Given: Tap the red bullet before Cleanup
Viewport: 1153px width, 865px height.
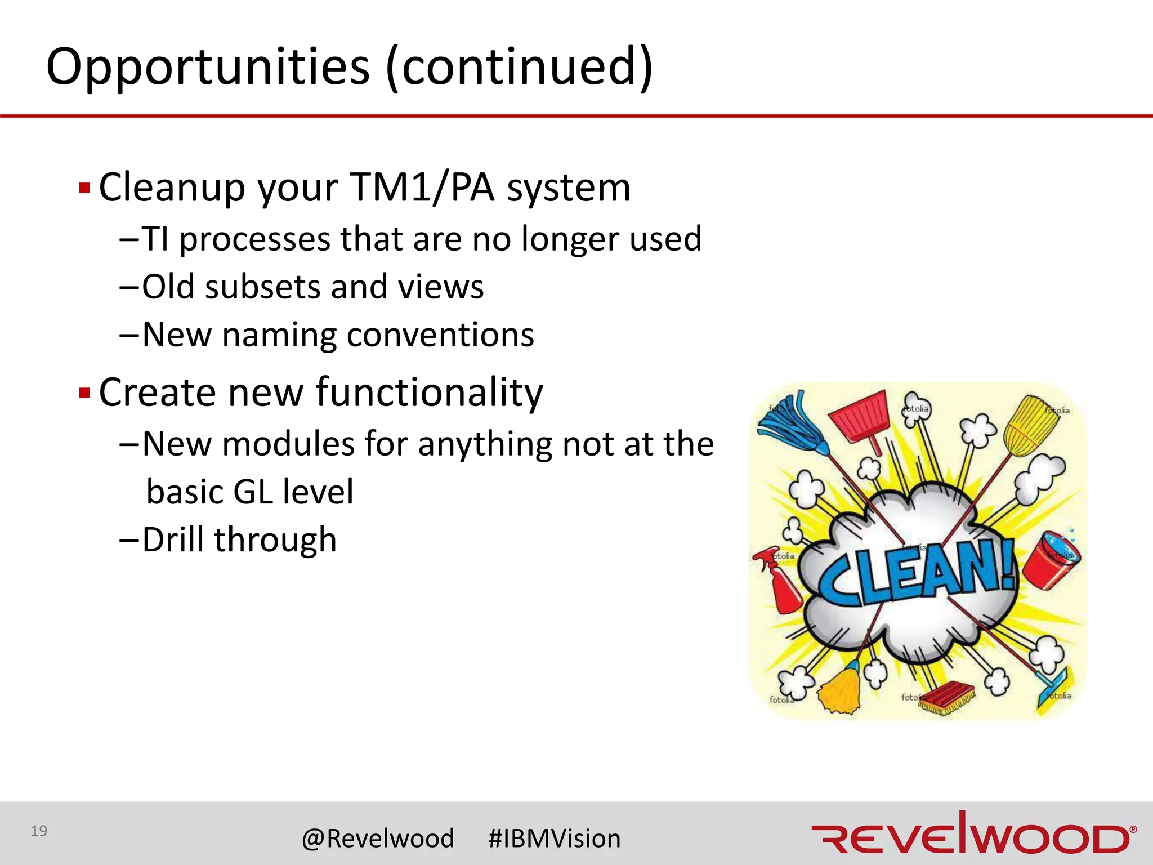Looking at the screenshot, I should (x=84, y=188).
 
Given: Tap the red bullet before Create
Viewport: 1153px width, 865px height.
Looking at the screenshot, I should (x=84, y=393).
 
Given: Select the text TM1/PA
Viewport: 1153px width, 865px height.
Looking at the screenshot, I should (x=422, y=188).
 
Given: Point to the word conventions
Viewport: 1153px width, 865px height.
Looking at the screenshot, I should (x=440, y=335).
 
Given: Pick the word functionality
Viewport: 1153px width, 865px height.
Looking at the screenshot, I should (x=429, y=393).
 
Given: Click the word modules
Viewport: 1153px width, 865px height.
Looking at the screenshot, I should (x=288, y=444).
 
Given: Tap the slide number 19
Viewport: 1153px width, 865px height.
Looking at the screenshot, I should (x=39, y=831).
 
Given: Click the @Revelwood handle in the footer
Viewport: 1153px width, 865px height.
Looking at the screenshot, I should (x=378, y=839).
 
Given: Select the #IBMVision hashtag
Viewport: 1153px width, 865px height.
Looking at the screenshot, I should (x=555, y=839).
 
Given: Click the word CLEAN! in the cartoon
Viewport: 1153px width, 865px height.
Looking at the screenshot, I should (x=915, y=574).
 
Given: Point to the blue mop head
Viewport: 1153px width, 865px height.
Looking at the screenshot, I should (x=788, y=425).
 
